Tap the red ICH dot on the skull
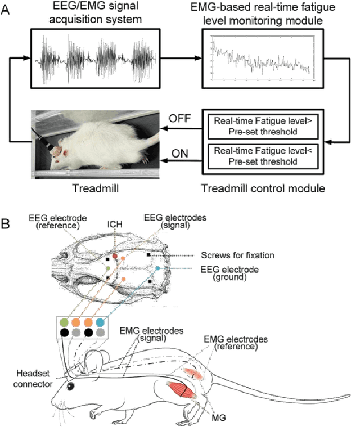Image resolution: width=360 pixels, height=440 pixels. pyautogui.click(x=115, y=257)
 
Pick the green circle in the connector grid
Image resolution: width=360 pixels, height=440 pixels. pyautogui.click(x=64, y=322)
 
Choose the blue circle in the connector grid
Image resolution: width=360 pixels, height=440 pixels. pyautogui.click(x=100, y=322)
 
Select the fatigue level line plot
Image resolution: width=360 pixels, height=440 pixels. pyautogui.click(x=260, y=59)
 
